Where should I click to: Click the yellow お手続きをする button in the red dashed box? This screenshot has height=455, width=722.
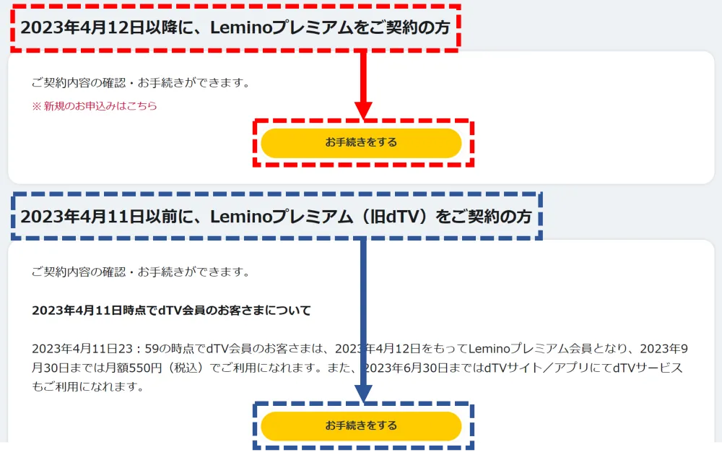[361, 143]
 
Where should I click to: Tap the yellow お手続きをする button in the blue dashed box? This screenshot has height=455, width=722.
[361, 426]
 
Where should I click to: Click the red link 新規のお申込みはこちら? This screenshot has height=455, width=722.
[100, 106]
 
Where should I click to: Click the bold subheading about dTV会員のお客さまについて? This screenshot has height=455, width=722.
[171, 311]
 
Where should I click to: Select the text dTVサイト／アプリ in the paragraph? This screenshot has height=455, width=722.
[534, 368]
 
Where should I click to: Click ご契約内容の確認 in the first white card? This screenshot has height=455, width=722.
[79, 83]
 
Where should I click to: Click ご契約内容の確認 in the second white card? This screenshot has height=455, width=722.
[79, 272]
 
